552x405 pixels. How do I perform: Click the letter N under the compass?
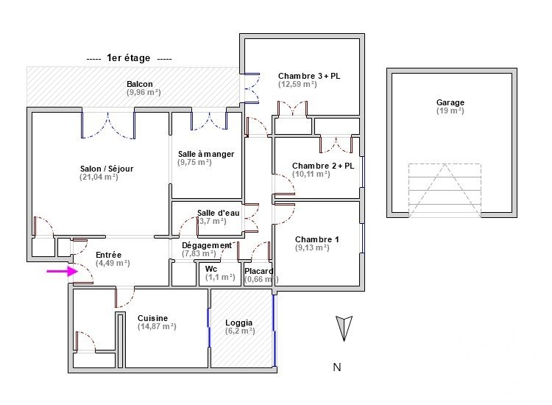[336, 367]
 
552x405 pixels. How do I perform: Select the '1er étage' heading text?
[129, 58]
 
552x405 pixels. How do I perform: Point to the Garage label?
[450, 103]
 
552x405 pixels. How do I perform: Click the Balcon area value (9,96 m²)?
[144, 93]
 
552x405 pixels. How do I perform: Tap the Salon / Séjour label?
[107, 169]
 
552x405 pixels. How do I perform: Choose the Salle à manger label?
[206, 154]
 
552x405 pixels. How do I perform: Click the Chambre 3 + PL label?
[309, 76]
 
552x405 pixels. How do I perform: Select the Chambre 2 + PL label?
[323, 166]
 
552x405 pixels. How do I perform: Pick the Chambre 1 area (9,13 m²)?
[312, 248]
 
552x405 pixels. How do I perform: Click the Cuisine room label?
[153, 318]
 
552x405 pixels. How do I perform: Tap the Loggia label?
[239, 323]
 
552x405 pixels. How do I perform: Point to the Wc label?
[211, 269]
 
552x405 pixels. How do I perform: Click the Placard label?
[259, 270]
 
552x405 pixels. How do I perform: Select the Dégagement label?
[206, 245]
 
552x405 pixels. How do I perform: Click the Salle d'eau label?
[219, 213]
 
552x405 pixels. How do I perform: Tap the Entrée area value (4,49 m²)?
[113, 263]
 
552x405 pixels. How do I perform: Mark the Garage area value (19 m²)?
[450, 111]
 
